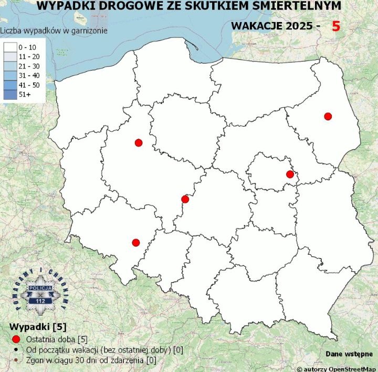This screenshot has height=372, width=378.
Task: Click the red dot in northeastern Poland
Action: click(x=328, y=116)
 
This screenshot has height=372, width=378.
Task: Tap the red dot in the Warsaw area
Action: click(x=289, y=174)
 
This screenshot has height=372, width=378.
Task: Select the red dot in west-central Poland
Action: click(x=139, y=142)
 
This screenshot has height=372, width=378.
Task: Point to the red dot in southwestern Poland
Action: click(x=136, y=242)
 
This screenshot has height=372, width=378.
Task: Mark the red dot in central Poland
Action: click(x=184, y=199)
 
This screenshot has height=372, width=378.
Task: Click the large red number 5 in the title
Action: click(x=336, y=26)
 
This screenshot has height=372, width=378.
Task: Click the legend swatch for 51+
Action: click(x=10, y=94)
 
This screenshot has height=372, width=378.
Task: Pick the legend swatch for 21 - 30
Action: click(x=10, y=66)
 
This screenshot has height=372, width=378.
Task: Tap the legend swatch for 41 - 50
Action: click(x=10, y=85)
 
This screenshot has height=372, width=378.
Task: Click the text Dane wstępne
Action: click(x=349, y=354)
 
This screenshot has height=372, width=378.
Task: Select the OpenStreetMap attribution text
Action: click(x=337, y=369)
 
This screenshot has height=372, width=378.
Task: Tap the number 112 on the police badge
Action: click(x=40, y=301)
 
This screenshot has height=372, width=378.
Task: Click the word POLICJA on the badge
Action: click(x=40, y=289)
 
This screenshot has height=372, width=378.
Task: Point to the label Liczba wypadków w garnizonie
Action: click(x=54, y=30)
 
